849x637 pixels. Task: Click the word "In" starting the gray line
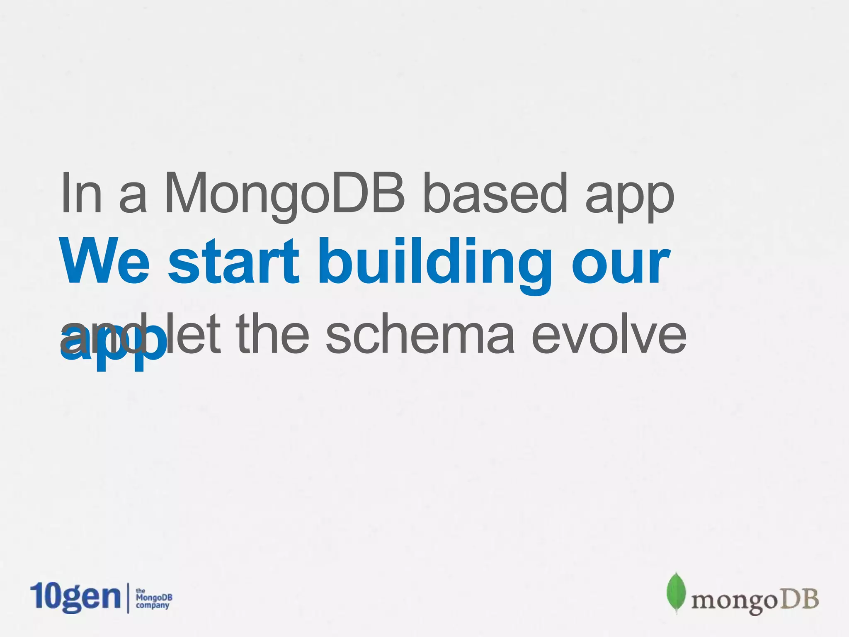tap(81, 193)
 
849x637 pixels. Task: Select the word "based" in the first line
tap(495, 193)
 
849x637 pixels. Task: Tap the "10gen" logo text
tap(75, 597)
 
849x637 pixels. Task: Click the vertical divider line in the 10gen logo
tap(127, 598)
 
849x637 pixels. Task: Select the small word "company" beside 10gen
tap(153, 605)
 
